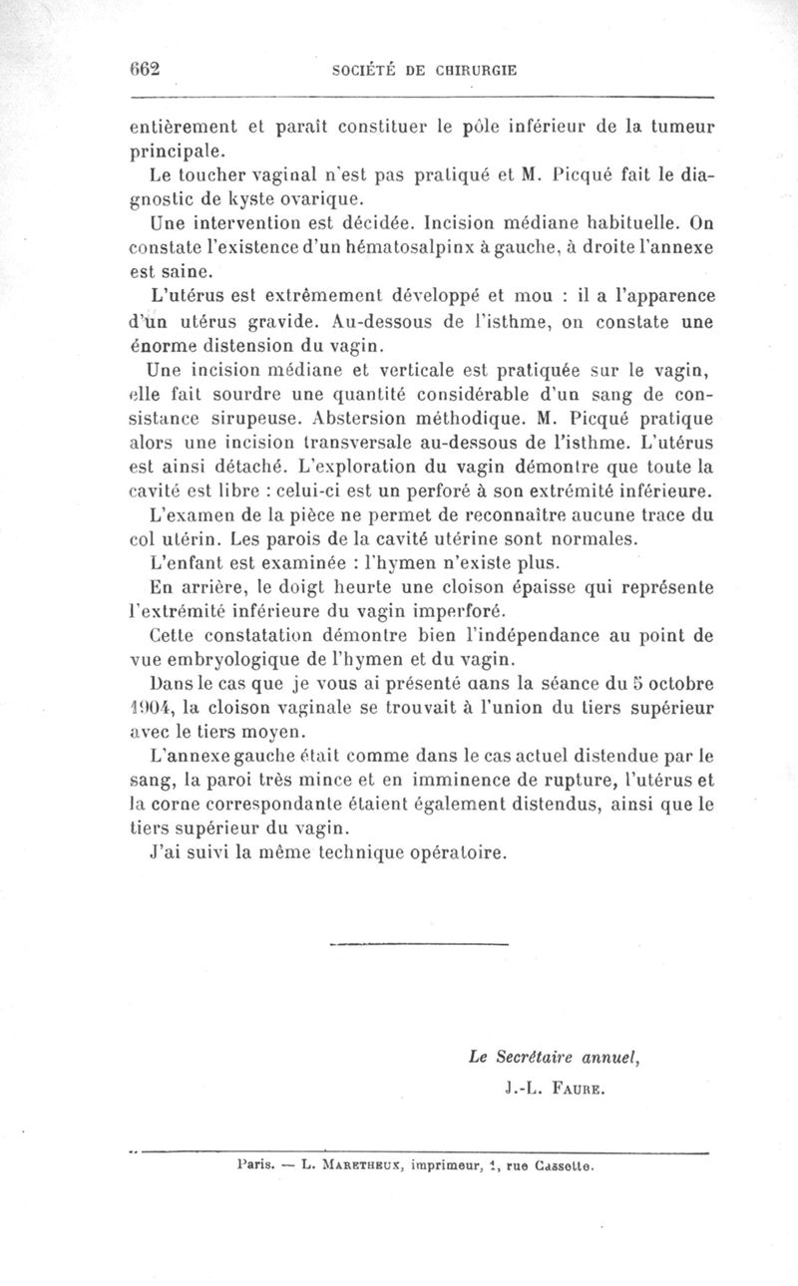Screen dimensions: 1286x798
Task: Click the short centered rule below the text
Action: coord(418,942)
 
